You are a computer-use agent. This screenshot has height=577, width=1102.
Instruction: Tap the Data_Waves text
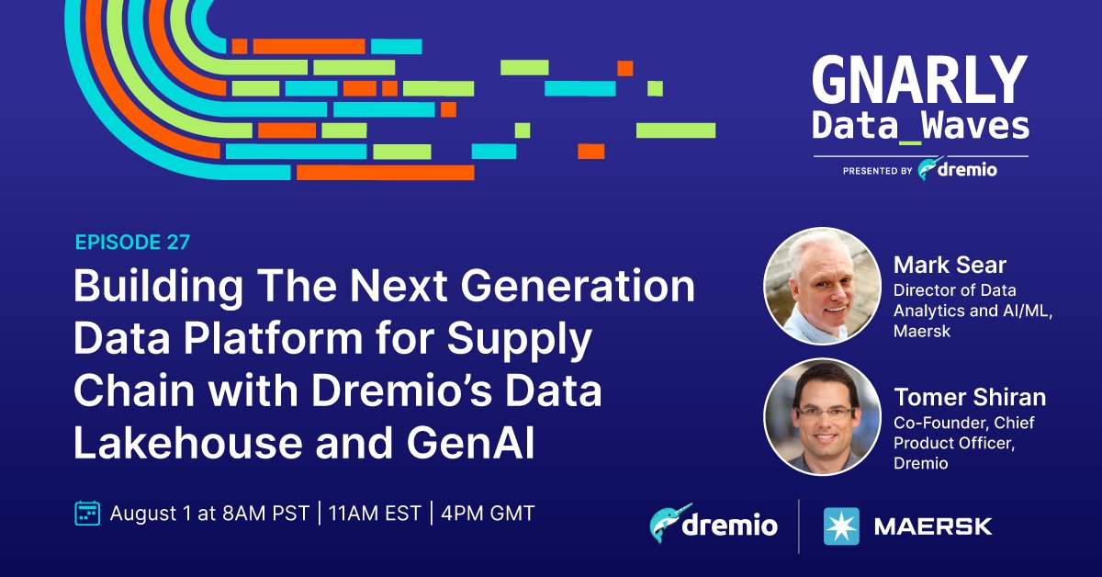coord(920,126)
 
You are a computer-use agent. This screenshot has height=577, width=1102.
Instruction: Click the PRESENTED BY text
coord(876,170)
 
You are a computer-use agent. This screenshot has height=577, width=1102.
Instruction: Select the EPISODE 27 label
coord(132,243)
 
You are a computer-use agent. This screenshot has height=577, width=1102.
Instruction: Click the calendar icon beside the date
coord(86,513)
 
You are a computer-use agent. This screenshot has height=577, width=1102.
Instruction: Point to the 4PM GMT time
coord(488,514)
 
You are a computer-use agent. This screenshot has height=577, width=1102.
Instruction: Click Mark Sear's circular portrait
coord(822,286)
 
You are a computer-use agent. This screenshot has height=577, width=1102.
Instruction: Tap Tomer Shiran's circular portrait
coord(822,416)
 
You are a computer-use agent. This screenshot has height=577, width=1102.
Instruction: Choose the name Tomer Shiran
coord(970,397)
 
